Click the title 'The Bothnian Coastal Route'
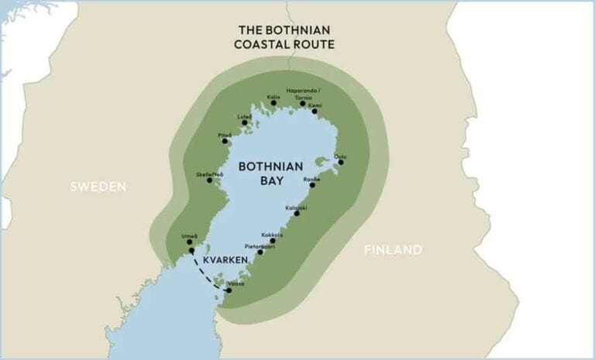click(x=284, y=37)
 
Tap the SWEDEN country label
click(x=98, y=187)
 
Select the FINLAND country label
click(x=393, y=249)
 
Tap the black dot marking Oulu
click(x=341, y=161)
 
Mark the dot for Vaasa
click(x=229, y=290)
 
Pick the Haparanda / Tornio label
click(x=303, y=94)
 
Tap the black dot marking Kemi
click(x=315, y=111)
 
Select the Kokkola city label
click(x=272, y=235)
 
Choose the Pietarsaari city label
click(x=257, y=245)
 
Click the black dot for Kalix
click(x=273, y=103)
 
